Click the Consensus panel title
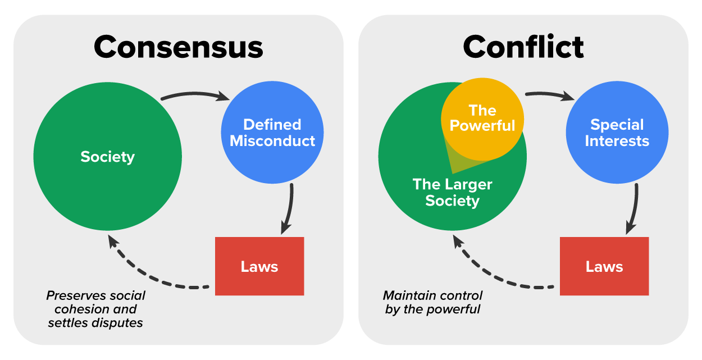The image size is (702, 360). (178, 47)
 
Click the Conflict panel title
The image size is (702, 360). (523, 47)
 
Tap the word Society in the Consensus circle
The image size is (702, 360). (107, 157)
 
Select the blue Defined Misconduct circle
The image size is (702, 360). (272, 133)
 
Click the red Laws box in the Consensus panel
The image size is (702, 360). (259, 266)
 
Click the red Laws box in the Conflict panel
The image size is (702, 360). (604, 266)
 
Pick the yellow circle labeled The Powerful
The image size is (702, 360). (482, 118)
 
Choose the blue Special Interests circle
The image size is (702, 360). (617, 133)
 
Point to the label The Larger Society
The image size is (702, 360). (452, 193)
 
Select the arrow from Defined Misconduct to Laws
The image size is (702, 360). (289, 208)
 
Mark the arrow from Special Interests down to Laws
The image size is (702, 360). (635, 208)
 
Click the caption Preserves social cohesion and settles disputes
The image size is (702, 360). (95, 309)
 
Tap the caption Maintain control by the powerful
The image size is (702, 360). (433, 302)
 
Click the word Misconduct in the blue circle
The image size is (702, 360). (272, 140)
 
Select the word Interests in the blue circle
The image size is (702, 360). (617, 140)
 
